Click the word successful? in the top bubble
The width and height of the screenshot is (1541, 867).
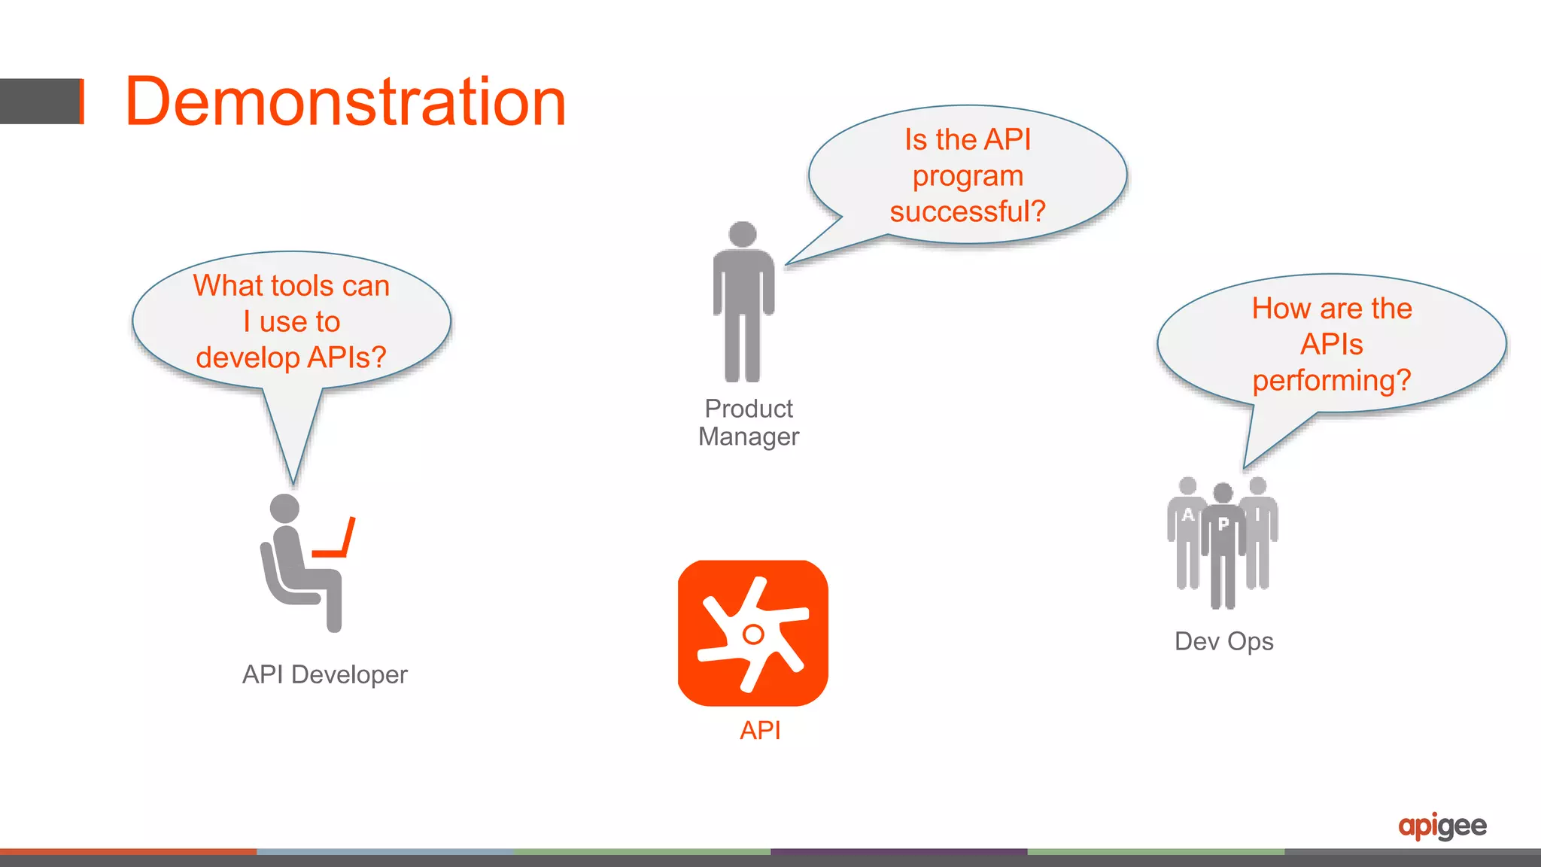(x=967, y=211)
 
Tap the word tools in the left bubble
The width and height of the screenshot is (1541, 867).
(x=301, y=286)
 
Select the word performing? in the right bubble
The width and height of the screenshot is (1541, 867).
(x=1331, y=380)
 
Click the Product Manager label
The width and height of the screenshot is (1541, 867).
(x=748, y=422)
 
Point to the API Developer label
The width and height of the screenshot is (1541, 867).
(x=324, y=674)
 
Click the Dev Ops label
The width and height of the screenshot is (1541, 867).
(x=1223, y=641)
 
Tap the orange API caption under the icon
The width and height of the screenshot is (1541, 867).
(x=760, y=730)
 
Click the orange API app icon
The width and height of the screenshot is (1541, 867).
(x=752, y=632)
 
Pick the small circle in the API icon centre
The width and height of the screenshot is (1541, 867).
(x=752, y=634)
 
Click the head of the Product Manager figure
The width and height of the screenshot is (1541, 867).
(x=743, y=234)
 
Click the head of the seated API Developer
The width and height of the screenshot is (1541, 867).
(x=284, y=508)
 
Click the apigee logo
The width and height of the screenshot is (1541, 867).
(x=1442, y=826)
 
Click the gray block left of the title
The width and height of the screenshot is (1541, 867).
(x=41, y=101)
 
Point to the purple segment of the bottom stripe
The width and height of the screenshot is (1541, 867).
(x=898, y=852)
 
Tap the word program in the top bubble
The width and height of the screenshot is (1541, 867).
(x=968, y=176)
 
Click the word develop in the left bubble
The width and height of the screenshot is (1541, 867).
(x=247, y=357)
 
